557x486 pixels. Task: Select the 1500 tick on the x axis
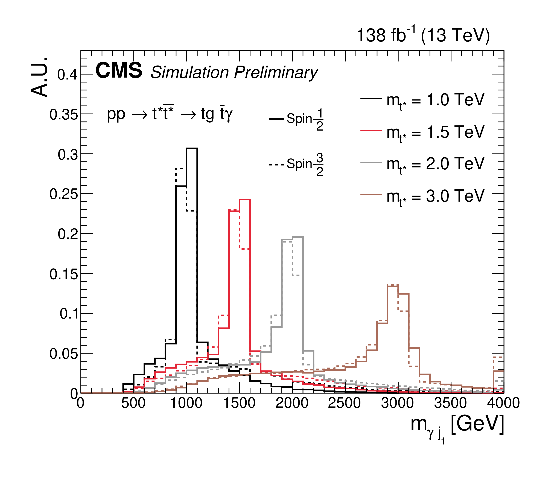(239, 403)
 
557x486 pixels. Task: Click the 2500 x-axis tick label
(345, 403)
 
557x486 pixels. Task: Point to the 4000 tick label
(503, 403)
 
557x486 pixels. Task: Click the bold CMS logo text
(119, 71)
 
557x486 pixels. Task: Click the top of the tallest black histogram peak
(192, 148)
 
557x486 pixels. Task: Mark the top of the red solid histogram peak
(244, 200)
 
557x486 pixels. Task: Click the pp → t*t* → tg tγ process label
(170, 114)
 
